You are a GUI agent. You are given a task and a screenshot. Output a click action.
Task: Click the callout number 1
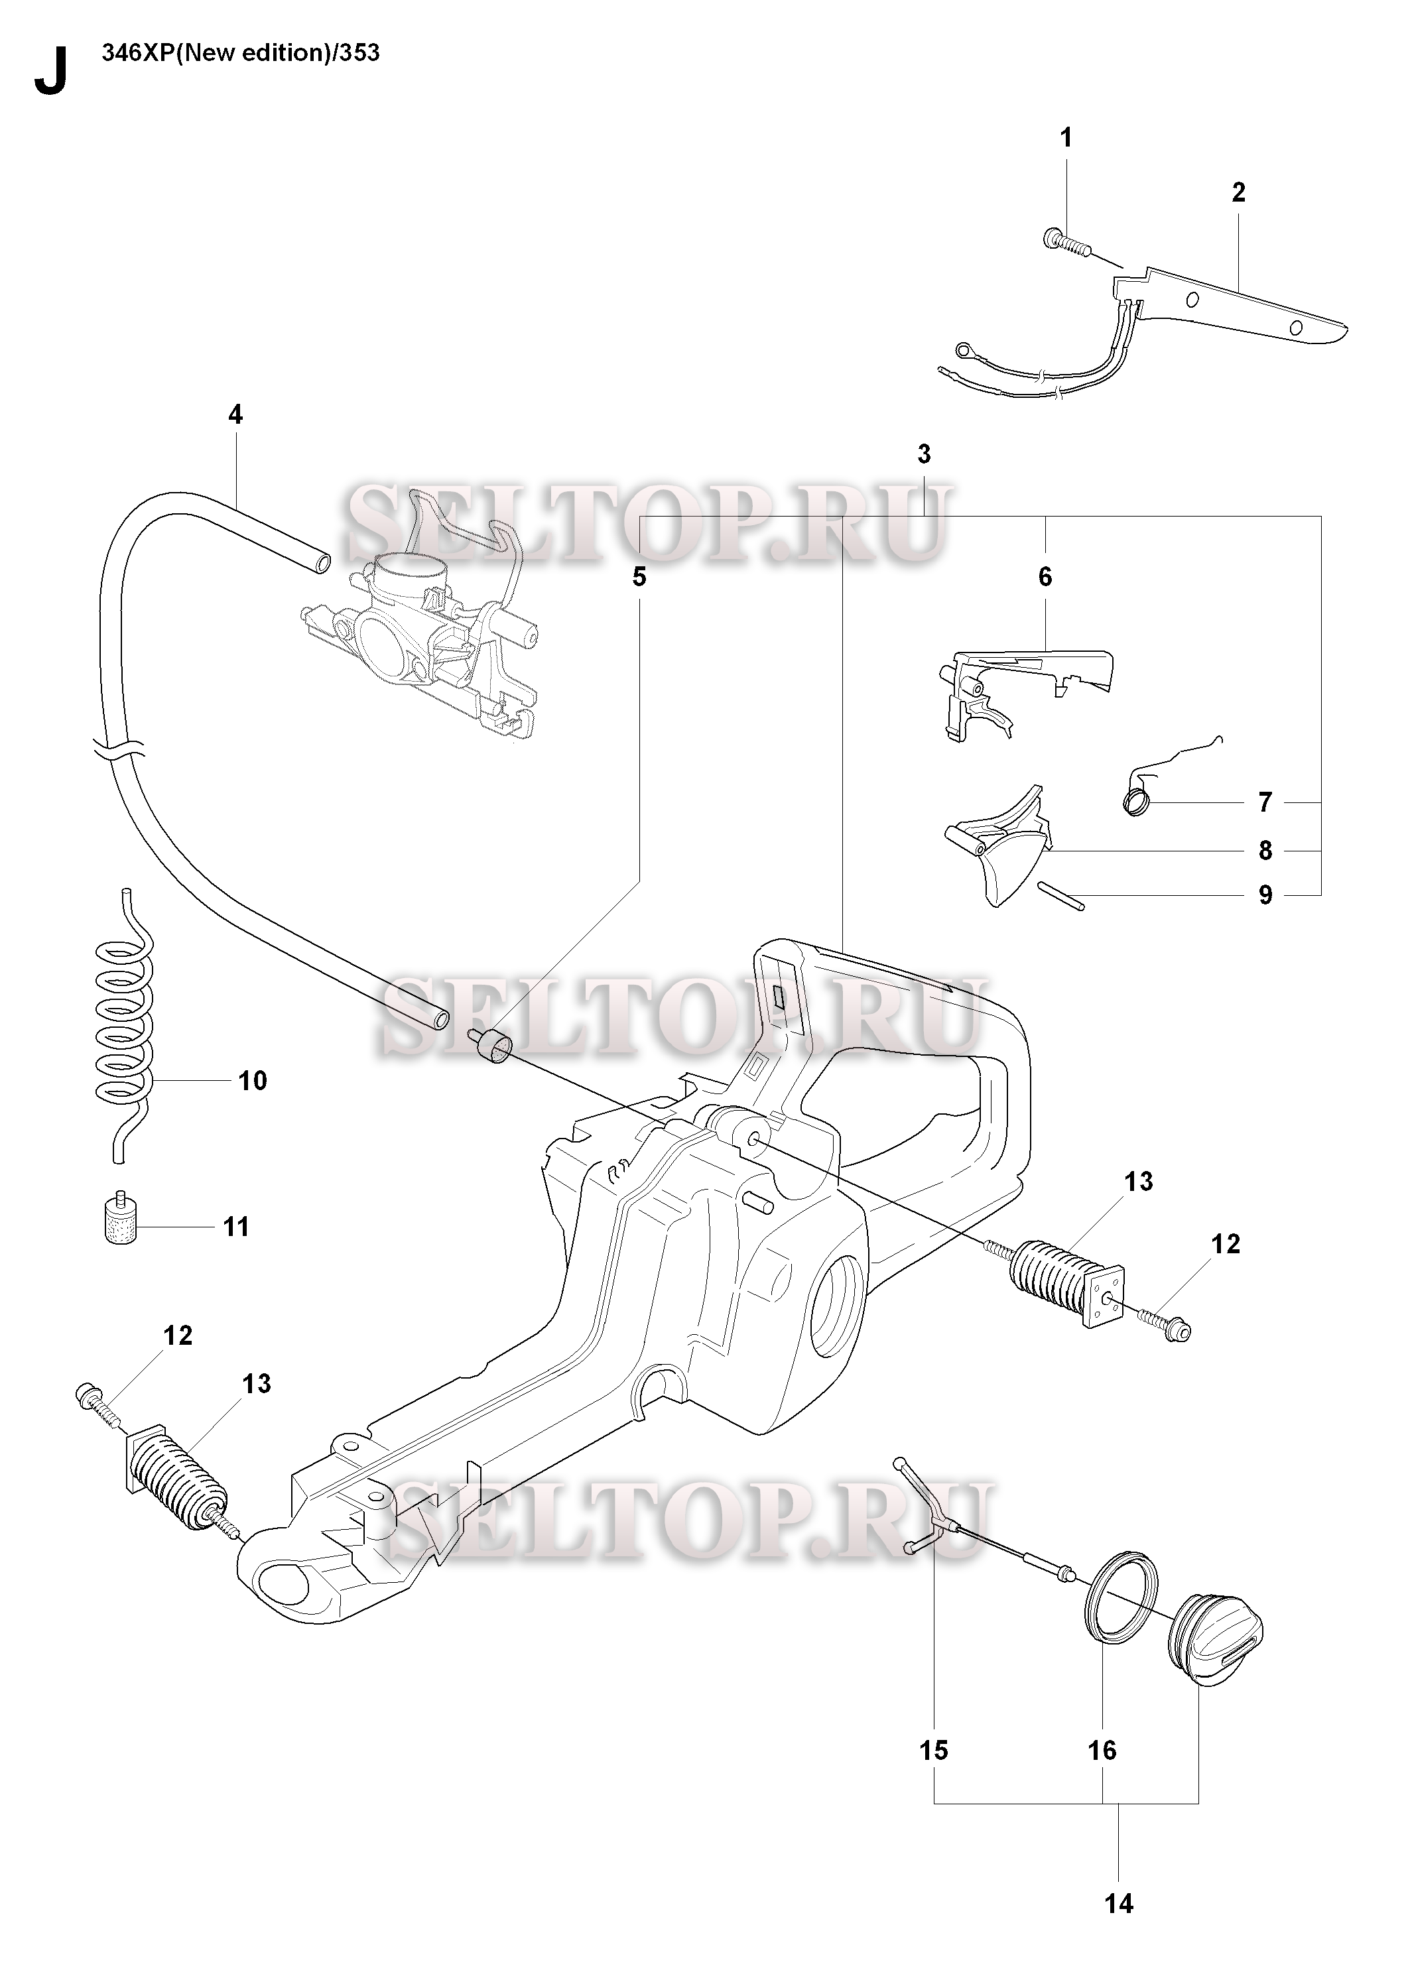(x=1066, y=138)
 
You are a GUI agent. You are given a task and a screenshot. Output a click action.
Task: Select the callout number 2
(x=1238, y=192)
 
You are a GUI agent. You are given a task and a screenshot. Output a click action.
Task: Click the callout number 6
(x=1045, y=578)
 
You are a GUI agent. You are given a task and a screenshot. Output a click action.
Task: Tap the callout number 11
(x=236, y=1227)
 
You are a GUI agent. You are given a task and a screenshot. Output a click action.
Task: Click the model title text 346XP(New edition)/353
(x=241, y=54)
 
